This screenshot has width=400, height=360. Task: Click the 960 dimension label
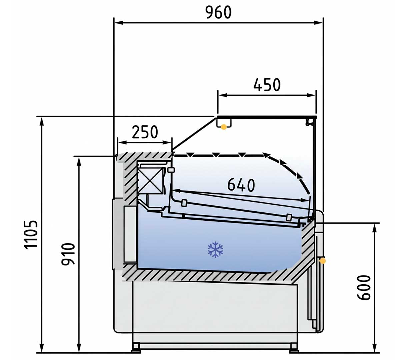(219, 12)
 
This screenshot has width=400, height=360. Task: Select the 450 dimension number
(267, 85)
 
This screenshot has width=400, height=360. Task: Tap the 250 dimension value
(145, 132)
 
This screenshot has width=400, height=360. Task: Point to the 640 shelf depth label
(241, 185)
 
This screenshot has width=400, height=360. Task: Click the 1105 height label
(31, 235)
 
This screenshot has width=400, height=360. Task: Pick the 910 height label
(68, 254)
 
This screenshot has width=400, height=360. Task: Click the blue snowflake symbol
(215, 250)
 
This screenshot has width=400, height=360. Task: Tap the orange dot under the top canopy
(224, 127)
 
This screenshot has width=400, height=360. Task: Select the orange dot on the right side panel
(323, 261)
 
